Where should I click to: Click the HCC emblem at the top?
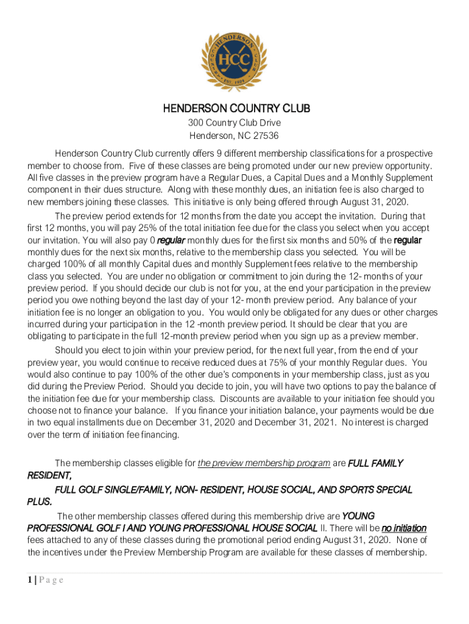(235, 60)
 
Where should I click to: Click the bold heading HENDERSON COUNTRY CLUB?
(236, 109)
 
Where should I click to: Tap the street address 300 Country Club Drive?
(234, 123)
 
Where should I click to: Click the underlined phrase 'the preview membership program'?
(264, 463)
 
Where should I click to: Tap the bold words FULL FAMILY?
(375, 463)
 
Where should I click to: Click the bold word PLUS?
(40, 502)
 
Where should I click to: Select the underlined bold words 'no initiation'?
(404, 527)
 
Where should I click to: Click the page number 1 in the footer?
(30, 580)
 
